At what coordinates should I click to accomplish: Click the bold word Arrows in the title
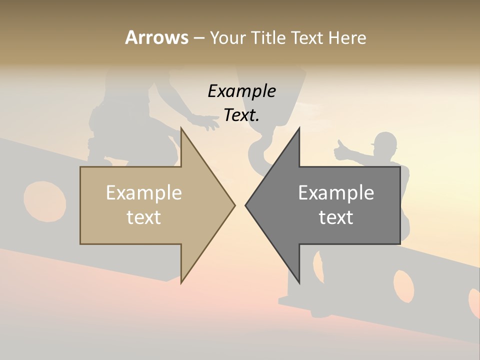(x=156, y=37)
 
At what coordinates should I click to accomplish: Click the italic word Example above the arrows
(x=241, y=91)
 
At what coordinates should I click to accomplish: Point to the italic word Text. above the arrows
(x=241, y=115)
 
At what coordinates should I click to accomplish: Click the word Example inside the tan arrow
(x=144, y=193)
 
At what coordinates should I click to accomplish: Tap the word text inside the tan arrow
(x=144, y=217)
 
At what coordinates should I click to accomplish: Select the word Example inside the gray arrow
(x=336, y=193)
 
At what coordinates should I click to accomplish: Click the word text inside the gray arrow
(x=336, y=217)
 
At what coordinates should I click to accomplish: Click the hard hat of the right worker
(x=385, y=140)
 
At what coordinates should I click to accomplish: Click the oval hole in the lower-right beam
(x=403, y=285)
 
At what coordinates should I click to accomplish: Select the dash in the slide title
(x=198, y=37)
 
